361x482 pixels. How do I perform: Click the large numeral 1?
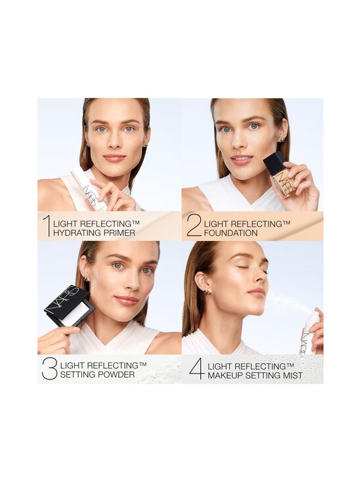coord(45,225)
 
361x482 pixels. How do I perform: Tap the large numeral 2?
coord(194,225)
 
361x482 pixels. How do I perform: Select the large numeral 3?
coord(49,368)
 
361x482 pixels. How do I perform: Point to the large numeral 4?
coord(197,369)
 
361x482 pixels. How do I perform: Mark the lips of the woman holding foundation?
coord(242,159)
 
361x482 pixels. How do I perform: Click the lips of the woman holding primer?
coord(114,158)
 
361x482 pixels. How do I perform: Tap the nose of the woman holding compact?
coord(130,283)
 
